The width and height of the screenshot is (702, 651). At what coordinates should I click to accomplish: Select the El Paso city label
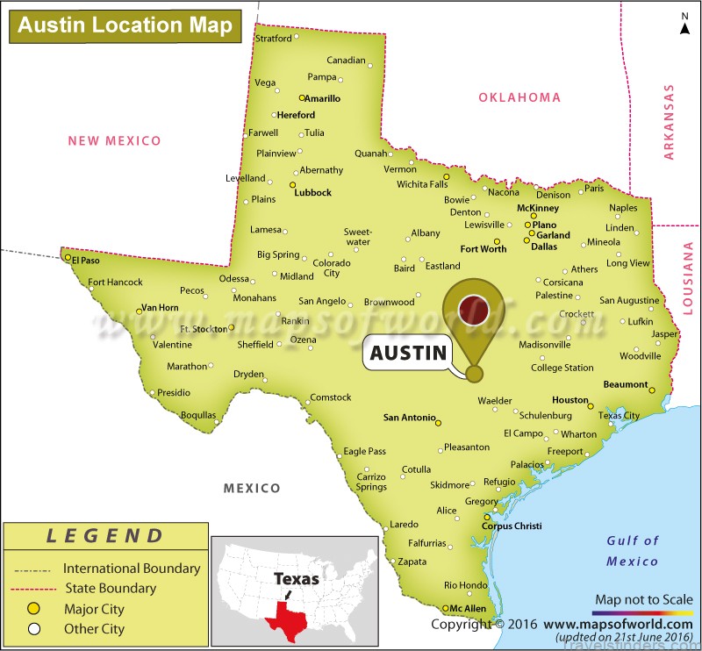[87, 261]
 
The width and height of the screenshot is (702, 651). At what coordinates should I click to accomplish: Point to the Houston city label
[569, 400]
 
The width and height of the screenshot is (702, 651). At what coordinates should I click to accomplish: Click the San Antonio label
[409, 418]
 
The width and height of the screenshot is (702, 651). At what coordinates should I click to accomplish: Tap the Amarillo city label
[322, 99]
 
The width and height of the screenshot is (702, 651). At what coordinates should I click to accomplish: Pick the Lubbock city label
[313, 193]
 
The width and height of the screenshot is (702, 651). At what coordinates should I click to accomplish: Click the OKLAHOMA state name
[519, 97]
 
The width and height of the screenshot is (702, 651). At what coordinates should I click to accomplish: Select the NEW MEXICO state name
[115, 140]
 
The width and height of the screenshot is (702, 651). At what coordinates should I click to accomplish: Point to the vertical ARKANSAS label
[670, 122]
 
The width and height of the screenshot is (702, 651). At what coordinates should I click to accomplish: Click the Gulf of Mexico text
[633, 551]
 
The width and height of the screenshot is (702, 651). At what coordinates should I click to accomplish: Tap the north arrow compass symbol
[684, 25]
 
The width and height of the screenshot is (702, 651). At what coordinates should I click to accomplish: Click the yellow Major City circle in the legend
[35, 609]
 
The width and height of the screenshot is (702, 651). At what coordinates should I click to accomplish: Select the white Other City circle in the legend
[35, 628]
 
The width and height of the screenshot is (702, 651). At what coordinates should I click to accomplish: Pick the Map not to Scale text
[643, 599]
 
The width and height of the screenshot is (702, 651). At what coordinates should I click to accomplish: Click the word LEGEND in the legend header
[105, 536]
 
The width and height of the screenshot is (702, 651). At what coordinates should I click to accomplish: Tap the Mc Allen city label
[468, 609]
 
